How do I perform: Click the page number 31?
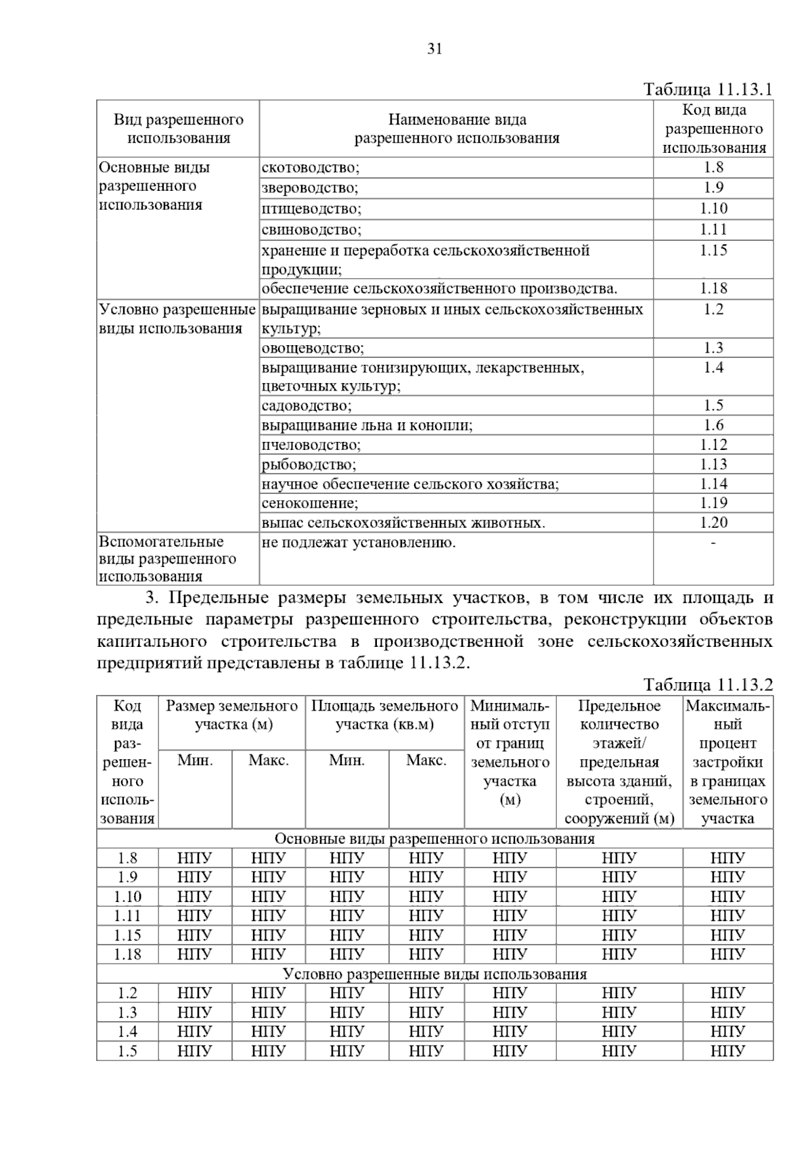[x=434, y=49]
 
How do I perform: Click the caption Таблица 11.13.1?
[x=708, y=90]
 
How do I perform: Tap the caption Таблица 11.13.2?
[x=708, y=685]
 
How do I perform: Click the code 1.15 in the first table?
[x=713, y=250]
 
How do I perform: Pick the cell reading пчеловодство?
[x=311, y=445]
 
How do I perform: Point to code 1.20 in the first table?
[x=713, y=522]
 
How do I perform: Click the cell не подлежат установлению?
[x=359, y=543]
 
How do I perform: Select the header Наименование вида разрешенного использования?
[x=457, y=129]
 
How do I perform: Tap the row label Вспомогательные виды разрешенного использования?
[x=167, y=559]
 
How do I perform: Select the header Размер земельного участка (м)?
[x=232, y=715]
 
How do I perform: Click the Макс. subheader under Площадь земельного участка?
[x=426, y=760]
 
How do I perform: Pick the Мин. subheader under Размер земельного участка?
[x=195, y=760]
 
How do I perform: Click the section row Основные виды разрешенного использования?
[x=434, y=839]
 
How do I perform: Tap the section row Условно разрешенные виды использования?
[x=434, y=974]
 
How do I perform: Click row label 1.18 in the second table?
[x=127, y=955]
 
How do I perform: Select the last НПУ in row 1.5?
[x=727, y=1052]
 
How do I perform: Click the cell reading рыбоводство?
[x=309, y=464]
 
